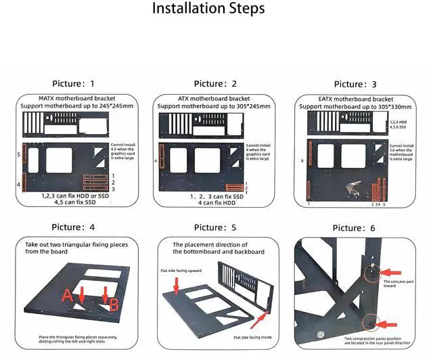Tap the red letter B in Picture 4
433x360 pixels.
pos(114,305)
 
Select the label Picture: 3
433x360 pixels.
pos(355,84)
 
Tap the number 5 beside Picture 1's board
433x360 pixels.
pos(19,155)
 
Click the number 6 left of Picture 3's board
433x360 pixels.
pos(302,161)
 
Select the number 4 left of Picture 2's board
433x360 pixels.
pos(156,161)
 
